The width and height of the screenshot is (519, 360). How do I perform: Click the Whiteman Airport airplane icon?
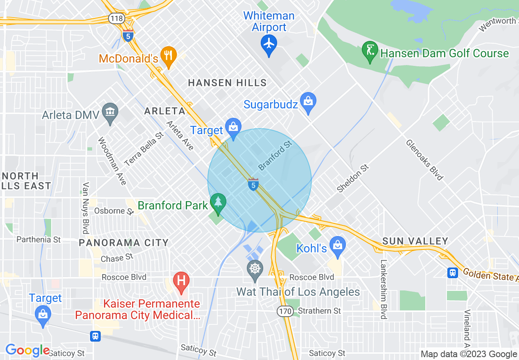pos(269,43)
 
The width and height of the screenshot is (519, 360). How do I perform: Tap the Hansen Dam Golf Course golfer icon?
pos(370,51)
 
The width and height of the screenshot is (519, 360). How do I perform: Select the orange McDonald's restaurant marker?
pos(168,55)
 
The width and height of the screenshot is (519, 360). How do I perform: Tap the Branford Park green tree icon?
pos(218,202)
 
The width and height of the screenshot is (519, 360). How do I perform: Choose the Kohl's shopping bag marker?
pos(338,246)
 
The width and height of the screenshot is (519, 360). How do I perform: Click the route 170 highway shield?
pos(284,311)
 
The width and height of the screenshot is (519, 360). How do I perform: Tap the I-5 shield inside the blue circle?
pos(253,184)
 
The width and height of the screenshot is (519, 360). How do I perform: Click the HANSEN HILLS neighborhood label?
pos(227,83)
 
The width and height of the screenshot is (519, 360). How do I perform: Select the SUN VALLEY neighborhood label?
pos(415,241)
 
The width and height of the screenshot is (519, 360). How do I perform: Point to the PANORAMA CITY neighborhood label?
pos(124,243)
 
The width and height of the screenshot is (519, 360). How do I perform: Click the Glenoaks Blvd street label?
pos(424,160)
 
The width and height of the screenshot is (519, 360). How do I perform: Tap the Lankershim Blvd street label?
pos(384,289)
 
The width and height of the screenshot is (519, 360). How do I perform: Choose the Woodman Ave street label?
pos(112,161)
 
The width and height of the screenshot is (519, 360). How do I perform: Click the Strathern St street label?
pos(319,311)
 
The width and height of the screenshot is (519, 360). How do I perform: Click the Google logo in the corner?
pos(27,350)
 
